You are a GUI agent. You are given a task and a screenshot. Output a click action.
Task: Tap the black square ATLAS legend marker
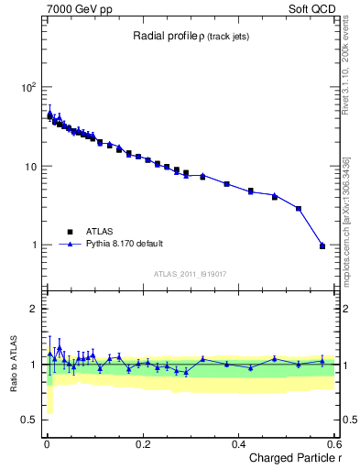point(68,232)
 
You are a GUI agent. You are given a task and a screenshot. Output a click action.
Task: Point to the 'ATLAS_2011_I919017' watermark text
point(191,274)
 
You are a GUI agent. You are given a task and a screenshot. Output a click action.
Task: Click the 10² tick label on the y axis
point(28,88)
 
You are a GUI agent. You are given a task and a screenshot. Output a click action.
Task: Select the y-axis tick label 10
point(30,167)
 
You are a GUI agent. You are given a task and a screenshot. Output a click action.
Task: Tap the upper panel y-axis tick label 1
point(34,245)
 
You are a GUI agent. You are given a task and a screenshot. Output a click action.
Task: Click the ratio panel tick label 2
point(34,310)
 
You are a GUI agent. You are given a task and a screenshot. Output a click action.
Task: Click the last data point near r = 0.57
point(322,245)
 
